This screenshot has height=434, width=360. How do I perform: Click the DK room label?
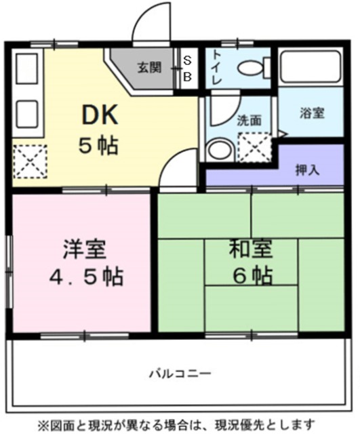tap(100, 115)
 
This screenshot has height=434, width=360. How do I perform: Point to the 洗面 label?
tap(249, 121)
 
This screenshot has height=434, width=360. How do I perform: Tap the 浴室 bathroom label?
tap(311, 113)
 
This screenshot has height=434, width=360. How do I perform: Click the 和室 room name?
tap(250, 250)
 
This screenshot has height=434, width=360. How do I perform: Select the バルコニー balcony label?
tap(179, 373)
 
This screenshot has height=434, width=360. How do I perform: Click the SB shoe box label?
tap(187, 67)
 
